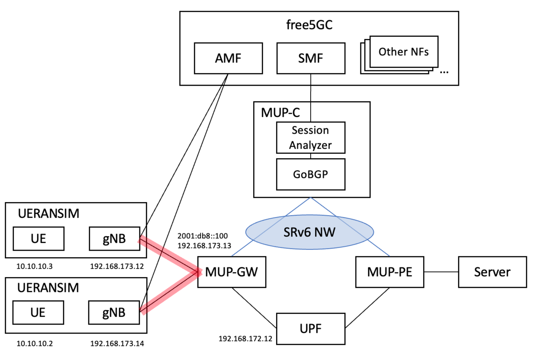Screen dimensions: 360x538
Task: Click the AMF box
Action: point(227,59)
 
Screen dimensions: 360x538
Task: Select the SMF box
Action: point(311,59)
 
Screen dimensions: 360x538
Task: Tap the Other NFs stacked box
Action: point(403,52)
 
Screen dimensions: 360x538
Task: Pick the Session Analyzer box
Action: point(311,138)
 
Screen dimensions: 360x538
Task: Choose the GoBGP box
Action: point(311,174)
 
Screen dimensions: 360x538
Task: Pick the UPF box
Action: point(311,329)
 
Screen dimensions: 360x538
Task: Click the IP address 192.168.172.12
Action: point(245,338)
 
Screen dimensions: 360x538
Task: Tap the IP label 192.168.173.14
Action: point(117,344)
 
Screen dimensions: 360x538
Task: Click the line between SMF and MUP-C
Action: point(311,88)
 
